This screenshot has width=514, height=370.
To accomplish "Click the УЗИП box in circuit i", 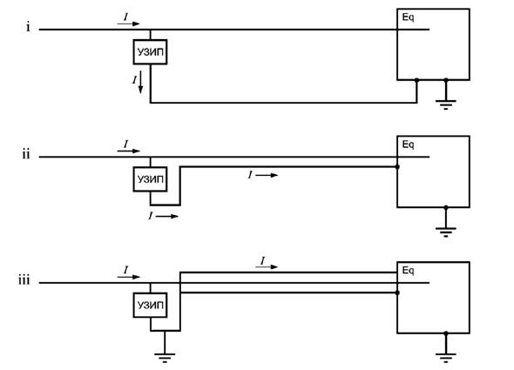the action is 150,51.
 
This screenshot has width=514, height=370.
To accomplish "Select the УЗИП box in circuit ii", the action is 150,179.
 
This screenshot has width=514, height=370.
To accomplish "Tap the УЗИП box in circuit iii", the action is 150,305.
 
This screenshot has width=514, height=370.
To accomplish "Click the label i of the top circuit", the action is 28,27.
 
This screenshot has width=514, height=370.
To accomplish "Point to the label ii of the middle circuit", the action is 26,154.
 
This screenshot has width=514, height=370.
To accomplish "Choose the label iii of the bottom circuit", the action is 24,280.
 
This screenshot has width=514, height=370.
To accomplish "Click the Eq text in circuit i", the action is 408,17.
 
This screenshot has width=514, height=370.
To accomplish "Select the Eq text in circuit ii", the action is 408,145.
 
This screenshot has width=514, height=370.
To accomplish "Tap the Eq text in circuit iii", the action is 408,271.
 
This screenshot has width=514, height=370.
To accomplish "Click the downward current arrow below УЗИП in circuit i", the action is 140,82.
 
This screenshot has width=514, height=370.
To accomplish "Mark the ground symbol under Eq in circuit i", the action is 446,104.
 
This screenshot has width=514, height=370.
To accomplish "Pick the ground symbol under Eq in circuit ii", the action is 446,232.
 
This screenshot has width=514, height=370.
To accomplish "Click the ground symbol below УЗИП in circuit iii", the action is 165,358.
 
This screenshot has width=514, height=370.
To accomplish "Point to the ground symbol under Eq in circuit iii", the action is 446,358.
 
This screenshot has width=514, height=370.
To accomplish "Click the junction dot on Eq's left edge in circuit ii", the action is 397,167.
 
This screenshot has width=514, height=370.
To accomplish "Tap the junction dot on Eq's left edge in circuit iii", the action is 397,293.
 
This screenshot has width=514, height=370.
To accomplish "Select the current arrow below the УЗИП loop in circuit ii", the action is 167,216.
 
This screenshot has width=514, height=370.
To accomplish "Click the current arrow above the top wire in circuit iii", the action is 267,266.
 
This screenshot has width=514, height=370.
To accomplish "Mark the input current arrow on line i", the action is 129,24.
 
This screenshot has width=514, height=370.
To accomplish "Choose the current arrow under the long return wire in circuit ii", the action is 267,175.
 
